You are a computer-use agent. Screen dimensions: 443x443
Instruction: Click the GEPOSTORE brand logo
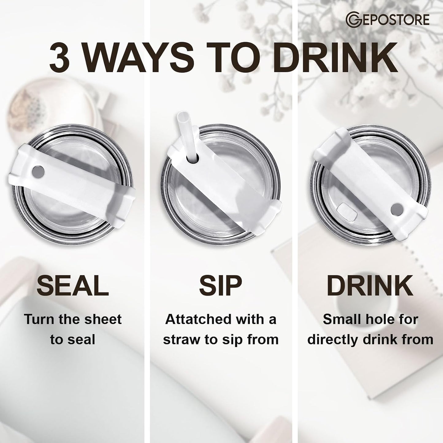[388, 20]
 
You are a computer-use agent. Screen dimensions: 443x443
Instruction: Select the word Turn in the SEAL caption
[39, 319]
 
